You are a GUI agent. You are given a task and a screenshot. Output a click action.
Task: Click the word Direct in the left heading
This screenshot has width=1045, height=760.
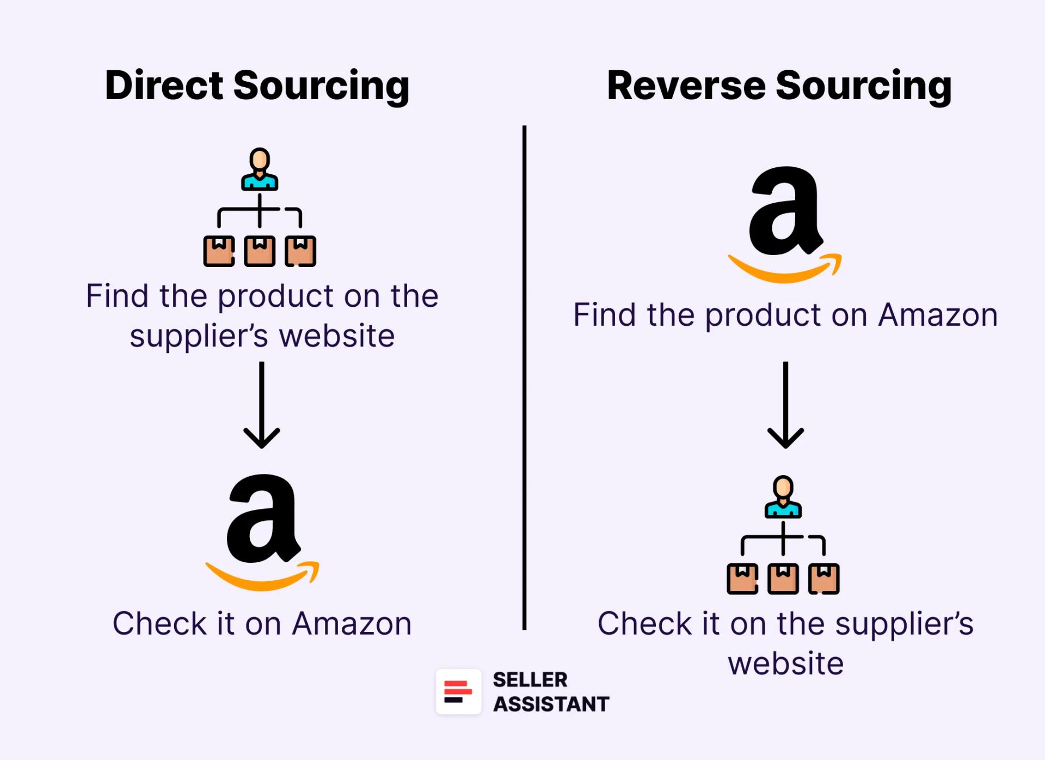164,86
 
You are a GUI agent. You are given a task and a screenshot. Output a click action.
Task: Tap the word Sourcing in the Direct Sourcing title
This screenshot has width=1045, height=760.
321,87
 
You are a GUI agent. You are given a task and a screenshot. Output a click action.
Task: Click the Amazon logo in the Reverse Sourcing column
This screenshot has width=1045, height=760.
785,223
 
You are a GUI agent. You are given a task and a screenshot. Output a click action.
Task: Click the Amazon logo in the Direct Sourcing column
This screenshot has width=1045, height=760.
262,531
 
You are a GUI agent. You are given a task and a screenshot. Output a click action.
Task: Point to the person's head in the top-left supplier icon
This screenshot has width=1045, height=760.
260,160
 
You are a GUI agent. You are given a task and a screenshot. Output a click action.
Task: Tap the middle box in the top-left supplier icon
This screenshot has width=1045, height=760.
260,251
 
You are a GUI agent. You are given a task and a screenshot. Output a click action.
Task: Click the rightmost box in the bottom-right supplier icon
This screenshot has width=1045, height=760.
824,579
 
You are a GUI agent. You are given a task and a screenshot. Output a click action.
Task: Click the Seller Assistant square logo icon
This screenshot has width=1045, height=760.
458,691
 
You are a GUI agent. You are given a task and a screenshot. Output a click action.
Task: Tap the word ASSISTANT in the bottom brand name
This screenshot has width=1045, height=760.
551,704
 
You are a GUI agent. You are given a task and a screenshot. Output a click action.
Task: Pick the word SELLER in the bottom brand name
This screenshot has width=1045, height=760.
530,679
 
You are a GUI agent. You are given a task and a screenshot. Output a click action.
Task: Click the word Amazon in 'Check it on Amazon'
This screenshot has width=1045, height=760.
352,623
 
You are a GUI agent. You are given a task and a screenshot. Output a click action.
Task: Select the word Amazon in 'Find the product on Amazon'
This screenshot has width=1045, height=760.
938,315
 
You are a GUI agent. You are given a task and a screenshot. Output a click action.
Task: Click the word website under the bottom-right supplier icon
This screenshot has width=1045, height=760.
785,664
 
